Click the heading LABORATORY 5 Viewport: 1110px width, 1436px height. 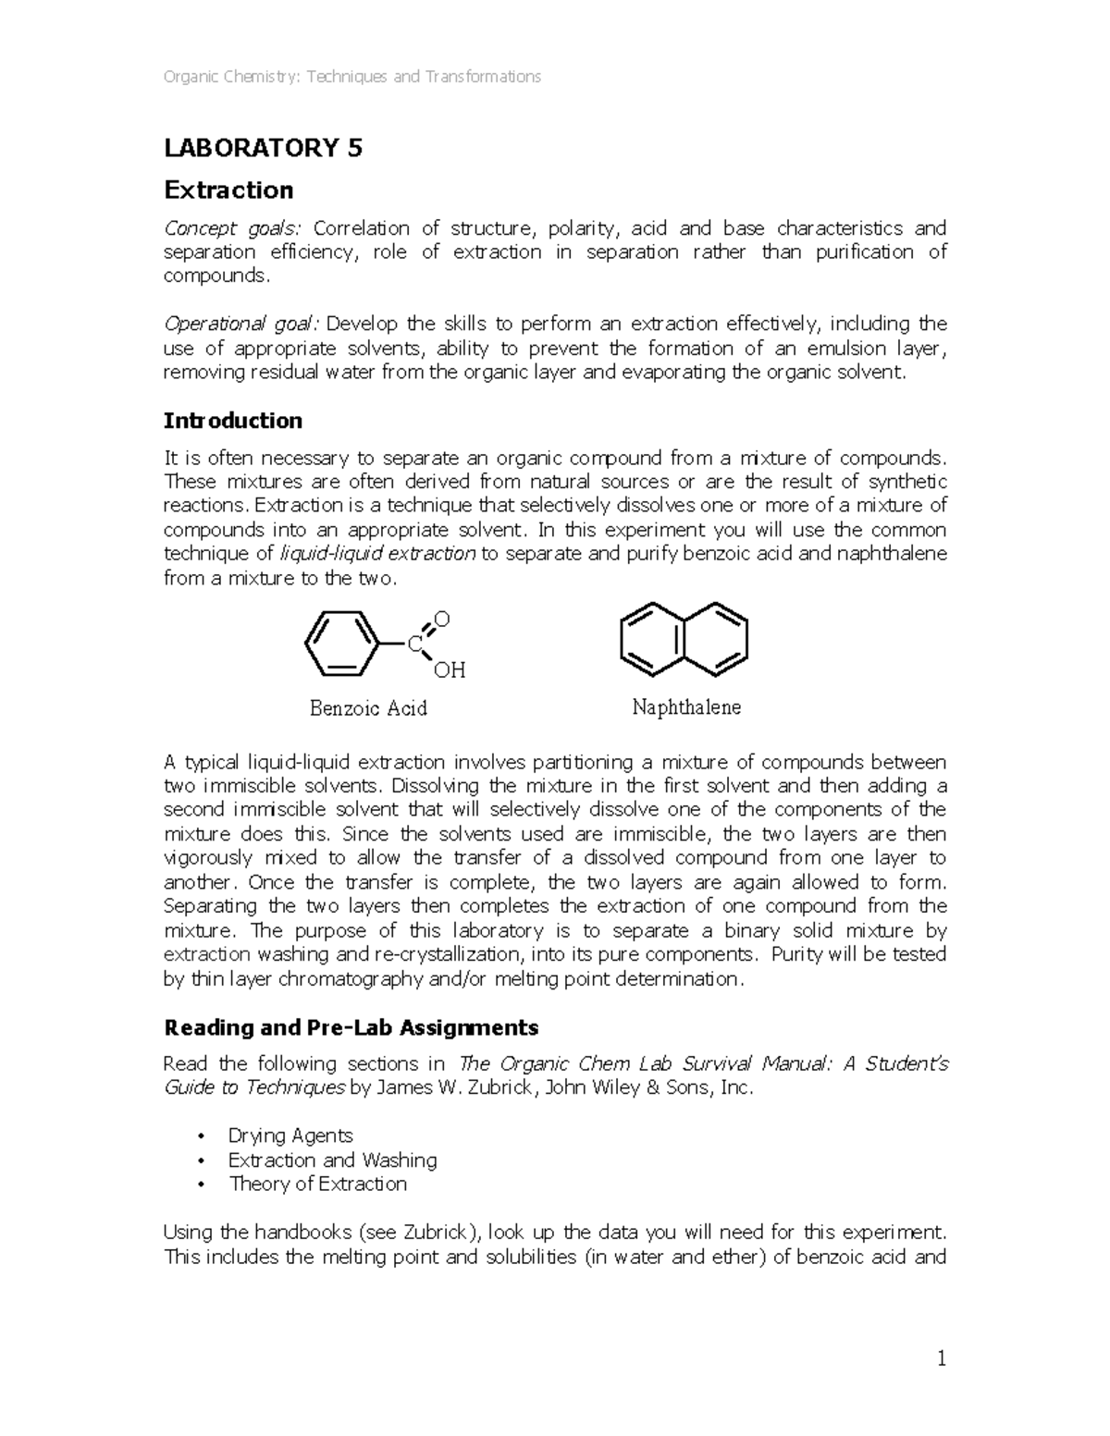(263, 148)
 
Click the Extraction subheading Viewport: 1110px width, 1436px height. (228, 190)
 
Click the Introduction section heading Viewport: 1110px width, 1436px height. (232, 421)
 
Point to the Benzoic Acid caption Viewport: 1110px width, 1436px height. (367, 708)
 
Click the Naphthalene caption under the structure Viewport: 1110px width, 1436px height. (686, 707)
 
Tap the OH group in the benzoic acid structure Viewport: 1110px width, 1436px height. (449, 670)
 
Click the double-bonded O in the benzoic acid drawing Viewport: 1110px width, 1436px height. (441, 619)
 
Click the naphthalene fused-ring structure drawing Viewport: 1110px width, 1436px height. (683, 640)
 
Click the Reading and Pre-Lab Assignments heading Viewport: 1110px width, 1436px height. (351, 1027)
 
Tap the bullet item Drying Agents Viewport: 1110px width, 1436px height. (290, 1135)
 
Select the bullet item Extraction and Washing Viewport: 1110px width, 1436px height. (332, 1160)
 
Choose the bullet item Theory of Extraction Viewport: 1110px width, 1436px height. (317, 1184)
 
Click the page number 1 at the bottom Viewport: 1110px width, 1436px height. (942, 1358)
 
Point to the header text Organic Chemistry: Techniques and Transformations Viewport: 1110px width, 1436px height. (351, 77)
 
